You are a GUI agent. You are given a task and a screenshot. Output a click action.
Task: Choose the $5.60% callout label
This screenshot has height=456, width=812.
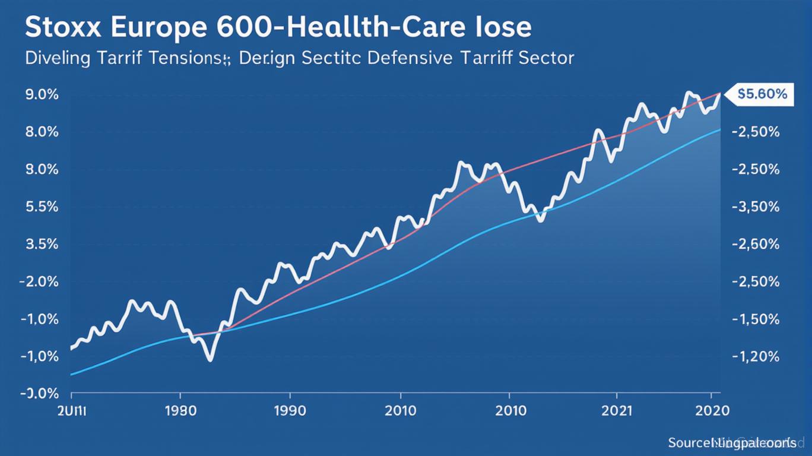pyautogui.click(x=762, y=94)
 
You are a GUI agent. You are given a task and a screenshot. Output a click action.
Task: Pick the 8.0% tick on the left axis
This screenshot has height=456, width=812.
pyautogui.click(x=42, y=132)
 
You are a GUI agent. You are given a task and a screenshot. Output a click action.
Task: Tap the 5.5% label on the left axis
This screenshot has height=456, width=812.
pyautogui.click(x=42, y=207)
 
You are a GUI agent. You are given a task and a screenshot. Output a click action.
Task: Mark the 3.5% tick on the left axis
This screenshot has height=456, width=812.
pyautogui.click(x=42, y=245)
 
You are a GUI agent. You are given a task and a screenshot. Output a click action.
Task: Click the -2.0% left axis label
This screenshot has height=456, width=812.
pyautogui.click(x=40, y=282)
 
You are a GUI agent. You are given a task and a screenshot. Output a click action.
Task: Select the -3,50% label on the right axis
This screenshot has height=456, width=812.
pyautogui.click(x=756, y=207)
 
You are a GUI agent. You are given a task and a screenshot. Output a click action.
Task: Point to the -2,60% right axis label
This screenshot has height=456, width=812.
pyautogui.click(x=756, y=245)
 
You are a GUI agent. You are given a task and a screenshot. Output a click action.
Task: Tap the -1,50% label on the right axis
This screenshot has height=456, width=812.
pyautogui.click(x=756, y=319)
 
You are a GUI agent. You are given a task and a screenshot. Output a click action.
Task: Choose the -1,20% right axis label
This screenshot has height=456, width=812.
pyautogui.click(x=756, y=357)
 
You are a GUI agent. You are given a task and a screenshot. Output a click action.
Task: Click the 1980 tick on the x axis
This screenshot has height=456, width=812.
pyautogui.click(x=180, y=410)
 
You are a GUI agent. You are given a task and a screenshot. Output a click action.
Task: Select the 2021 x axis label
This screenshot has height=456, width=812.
pyautogui.click(x=617, y=410)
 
